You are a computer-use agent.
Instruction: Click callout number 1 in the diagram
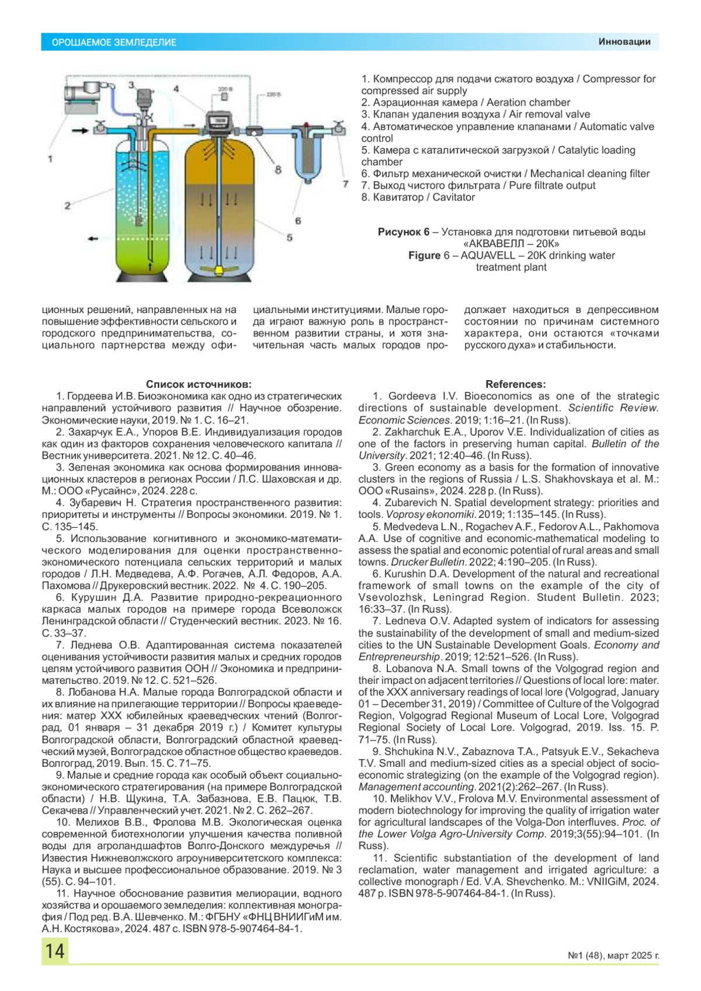pyautogui.click(x=50, y=158)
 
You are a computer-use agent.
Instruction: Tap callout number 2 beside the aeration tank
pyautogui.click(x=68, y=205)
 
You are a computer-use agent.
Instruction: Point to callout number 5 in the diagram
pyautogui.click(x=289, y=238)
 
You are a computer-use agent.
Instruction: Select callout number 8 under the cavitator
pyautogui.click(x=278, y=170)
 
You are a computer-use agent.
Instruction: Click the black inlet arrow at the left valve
pyautogui.click(x=80, y=130)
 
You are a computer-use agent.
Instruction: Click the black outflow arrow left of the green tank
pyautogui.click(x=92, y=238)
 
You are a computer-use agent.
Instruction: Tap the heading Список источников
pyautogui.click(x=199, y=384)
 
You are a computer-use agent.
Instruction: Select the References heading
pyautogui.click(x=515, y=384)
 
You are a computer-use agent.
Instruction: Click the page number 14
pyautogui.click(x=55, y=951)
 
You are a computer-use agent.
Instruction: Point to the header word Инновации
pyautogui.click(x=624, y=41)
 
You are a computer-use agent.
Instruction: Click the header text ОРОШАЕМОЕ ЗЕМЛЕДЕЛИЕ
pyautogui.click(x=114, y=42)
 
